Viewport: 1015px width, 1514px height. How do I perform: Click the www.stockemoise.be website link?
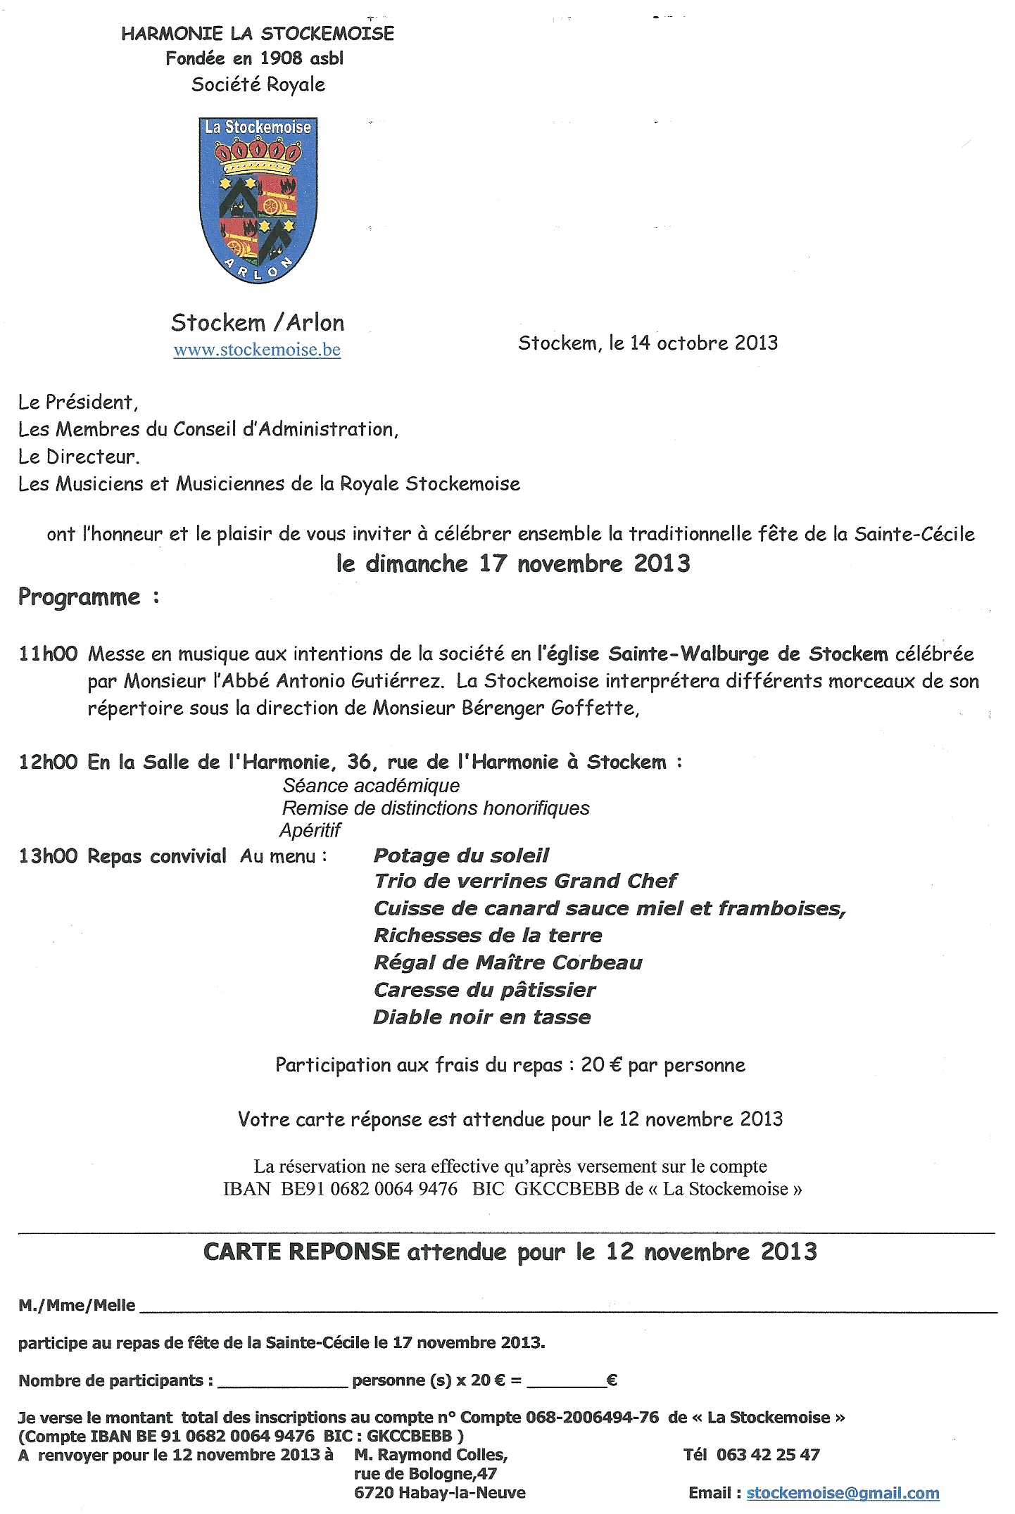(257, 350)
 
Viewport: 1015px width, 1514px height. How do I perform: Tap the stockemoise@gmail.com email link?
(843, 1493)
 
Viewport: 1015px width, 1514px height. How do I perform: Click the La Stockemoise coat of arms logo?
(258, 201)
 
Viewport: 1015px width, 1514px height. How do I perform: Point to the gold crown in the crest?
(258, 155)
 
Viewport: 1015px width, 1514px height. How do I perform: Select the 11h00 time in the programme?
(48, 654)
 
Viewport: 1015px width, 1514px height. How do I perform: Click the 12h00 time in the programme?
(48, 762)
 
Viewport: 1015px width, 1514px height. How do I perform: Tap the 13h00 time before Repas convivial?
(48, 856)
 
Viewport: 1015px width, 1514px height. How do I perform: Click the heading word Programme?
(80, 597)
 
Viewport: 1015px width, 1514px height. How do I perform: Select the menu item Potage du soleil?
(461, 855)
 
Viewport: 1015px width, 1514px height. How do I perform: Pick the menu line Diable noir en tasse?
(482, 1017)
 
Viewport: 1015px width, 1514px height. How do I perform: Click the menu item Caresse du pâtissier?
(485, 990)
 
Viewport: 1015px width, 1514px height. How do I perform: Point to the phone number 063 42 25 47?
(768, 1455)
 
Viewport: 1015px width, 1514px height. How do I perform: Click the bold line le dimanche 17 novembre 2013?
(513, 564)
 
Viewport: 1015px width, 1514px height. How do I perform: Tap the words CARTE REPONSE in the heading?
(301, 1252)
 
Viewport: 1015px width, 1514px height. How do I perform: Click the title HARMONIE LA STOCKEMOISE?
(258, 34)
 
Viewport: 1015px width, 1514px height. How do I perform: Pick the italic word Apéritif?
(310, 831)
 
